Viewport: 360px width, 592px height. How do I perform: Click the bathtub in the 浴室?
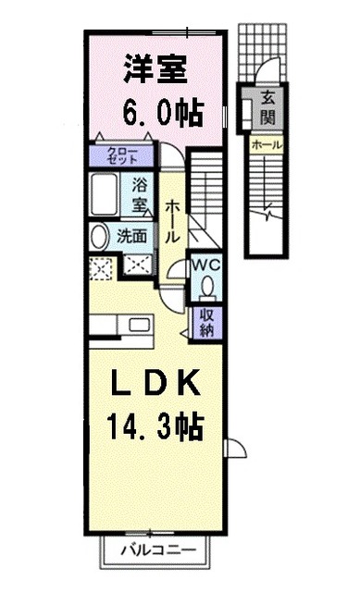coord(108,194)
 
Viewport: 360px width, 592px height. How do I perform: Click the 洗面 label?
coord(131,236)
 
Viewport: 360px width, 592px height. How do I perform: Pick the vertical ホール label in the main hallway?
coord(171,222)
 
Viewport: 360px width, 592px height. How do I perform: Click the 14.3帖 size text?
coord(154,427)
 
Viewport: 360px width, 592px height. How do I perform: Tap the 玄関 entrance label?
coord(267,108)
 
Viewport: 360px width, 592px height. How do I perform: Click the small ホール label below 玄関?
coord(268,145)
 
